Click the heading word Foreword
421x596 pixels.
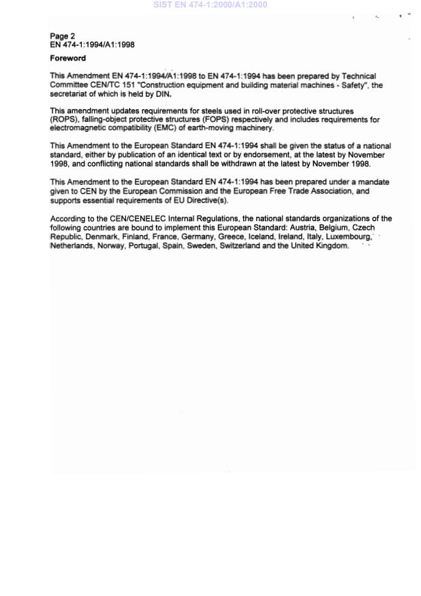[x=67, y=59]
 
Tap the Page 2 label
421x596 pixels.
[x=63, y=35]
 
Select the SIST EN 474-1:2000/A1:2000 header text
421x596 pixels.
[x=210, y=5]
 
